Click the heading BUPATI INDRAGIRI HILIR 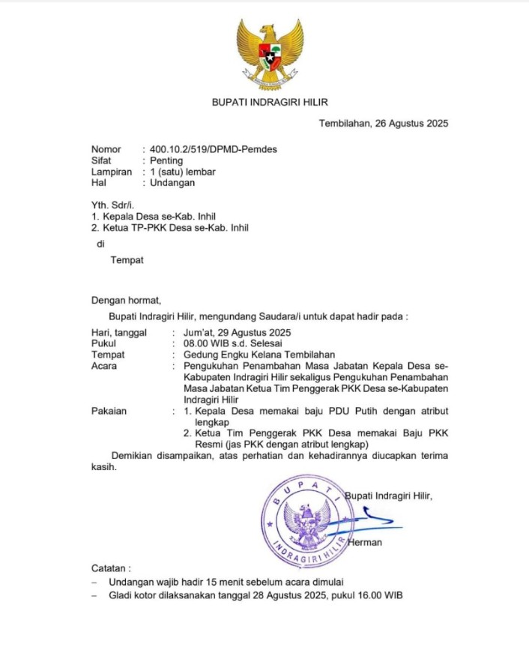point(270,102)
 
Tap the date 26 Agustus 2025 point(411,124)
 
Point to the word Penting point(166,160)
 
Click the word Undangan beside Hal point(172,182)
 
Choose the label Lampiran point(111,172)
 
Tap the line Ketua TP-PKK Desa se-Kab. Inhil point(169,227)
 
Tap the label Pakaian point(109,411)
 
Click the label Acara point(104,366)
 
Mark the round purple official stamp point(306,522)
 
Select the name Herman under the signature point(365,542)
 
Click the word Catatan point(111,568)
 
